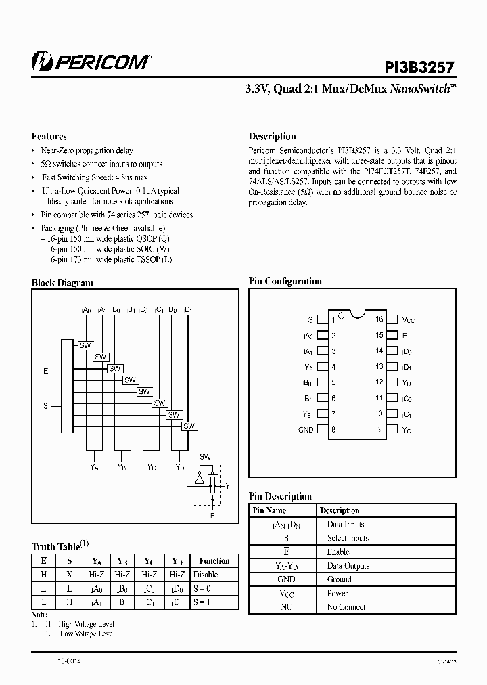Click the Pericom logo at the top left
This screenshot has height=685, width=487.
coord(92,62)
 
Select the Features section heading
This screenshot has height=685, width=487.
coord(49,136)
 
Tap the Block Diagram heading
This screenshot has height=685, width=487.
coord(62,283)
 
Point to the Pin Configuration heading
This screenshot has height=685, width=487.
coord(285,281)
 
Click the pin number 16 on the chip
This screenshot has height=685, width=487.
coord(379,319)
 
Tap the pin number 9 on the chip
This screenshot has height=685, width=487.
coord(380,429)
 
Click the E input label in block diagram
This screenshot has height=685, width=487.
coord(45,371)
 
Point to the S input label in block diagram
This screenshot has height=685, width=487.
coord(45,406)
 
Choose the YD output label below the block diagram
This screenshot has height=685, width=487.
coord(180,467)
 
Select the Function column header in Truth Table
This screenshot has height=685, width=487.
coord(214,561)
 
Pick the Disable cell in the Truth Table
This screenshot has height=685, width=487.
coord(206,574)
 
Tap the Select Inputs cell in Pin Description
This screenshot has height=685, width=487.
coord(348,538)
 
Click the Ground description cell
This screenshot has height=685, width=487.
coord(340,579)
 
